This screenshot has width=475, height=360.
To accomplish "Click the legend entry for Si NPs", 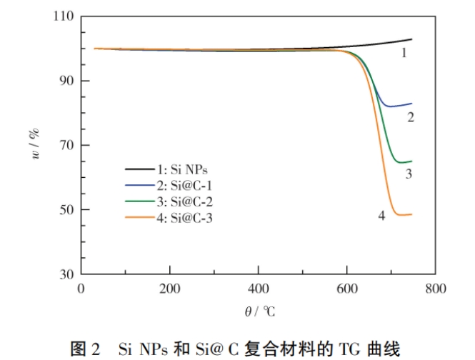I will [x=181, y=169].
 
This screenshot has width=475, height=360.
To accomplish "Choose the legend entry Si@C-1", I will [x=181, y=185].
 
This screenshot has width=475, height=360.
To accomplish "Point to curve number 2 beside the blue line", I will [x=411, y=117].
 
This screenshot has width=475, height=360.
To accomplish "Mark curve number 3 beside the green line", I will [x=409, y=173].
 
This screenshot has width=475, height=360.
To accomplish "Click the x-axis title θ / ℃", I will [x=259, y=311].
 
